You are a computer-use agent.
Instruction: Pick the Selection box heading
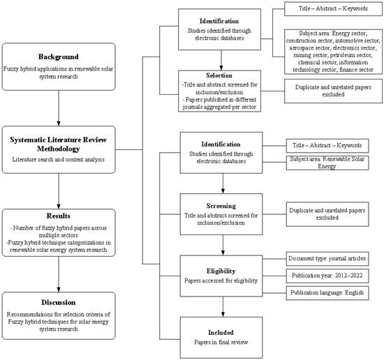(x=223, y=75)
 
